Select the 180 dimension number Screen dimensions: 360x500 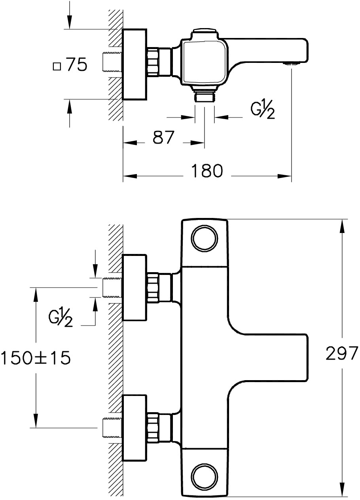(x=207, y=171)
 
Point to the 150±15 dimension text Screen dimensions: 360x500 (x=36, y=358)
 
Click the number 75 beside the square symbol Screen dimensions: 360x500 (x=77, y=65)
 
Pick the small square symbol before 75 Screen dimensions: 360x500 (x=57, y=67)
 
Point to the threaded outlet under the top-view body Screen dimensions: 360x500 (x=205, y=97)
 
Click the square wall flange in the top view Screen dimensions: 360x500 (x=135, y=64)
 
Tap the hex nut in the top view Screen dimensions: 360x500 (x=153, y=62)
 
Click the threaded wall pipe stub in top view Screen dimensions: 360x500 (x=112, y=62)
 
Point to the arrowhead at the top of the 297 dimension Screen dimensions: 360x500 (x=342, y=226)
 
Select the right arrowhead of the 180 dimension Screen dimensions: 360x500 (x=284, y=176)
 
